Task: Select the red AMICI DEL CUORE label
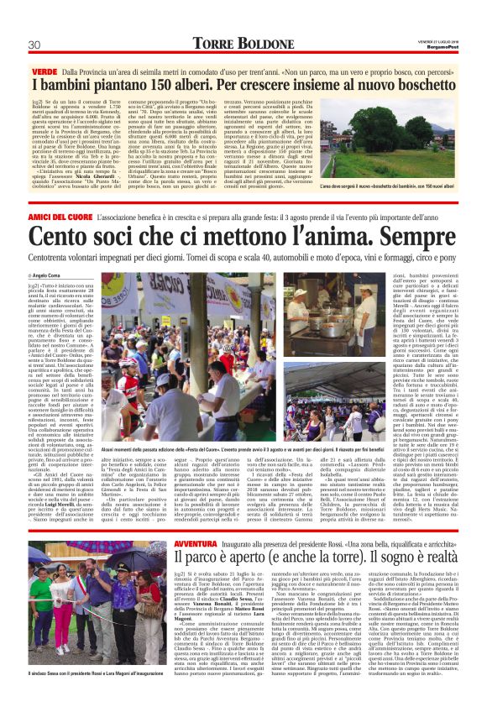(x=63, y=217)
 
